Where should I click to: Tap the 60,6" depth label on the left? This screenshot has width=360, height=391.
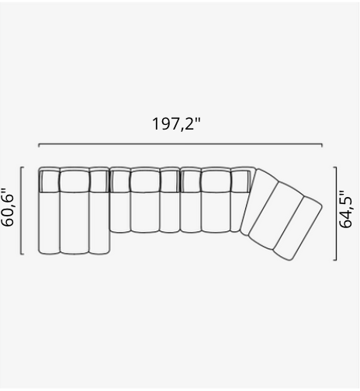pyautogui.click(x=10, y=208)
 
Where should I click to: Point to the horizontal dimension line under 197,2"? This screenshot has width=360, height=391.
pyautogui.click(x=181, y=145)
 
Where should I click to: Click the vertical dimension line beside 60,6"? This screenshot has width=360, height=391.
pyautogui.click(x=22, y=209)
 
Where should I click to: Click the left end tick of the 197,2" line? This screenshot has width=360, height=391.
pyautogui.click(x=39, y=144)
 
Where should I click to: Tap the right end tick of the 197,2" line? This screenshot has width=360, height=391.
pyautogui.click(x=322, y=144)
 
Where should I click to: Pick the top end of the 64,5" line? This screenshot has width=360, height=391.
pyautogui.click(x=336, y=167)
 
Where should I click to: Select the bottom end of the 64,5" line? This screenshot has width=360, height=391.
pyautogui.click(x=336, y=260)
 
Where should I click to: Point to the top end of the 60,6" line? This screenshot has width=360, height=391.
pyautogui.click(x=22, y=167)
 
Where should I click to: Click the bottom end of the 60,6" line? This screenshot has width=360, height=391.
pyautogui.click(x=22, y=253)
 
